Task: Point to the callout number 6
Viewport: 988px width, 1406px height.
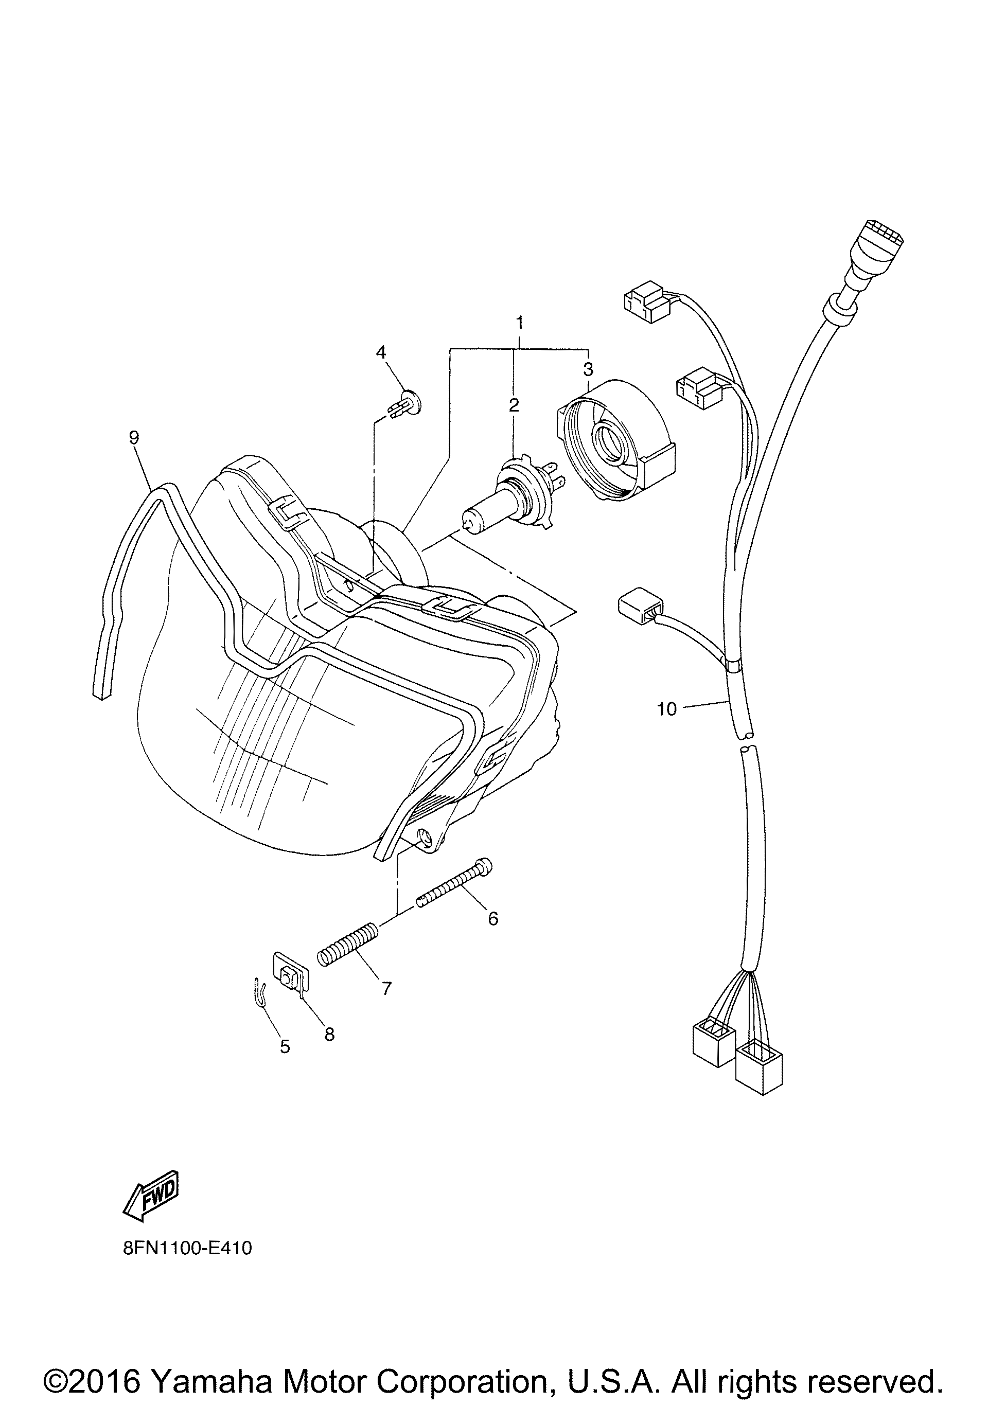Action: (493, 918)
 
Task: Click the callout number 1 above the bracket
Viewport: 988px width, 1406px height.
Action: (519, 322)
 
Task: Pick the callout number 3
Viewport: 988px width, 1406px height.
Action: (588, 369)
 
